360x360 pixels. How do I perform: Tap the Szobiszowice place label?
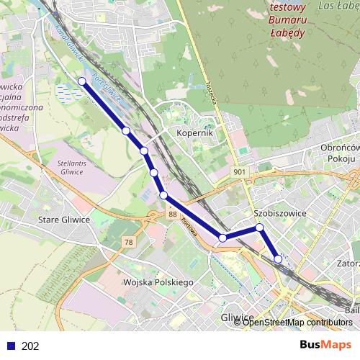[280, 213]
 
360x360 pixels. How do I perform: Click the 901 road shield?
[240, 172]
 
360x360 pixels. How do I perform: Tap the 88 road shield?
[172, 214]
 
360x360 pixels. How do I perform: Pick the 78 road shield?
[128, 242]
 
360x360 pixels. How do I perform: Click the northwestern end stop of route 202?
[81, 81]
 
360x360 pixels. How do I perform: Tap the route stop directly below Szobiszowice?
[259, 228]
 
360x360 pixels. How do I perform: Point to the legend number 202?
[30, 346]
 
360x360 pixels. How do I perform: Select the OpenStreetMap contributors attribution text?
[297, 323]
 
